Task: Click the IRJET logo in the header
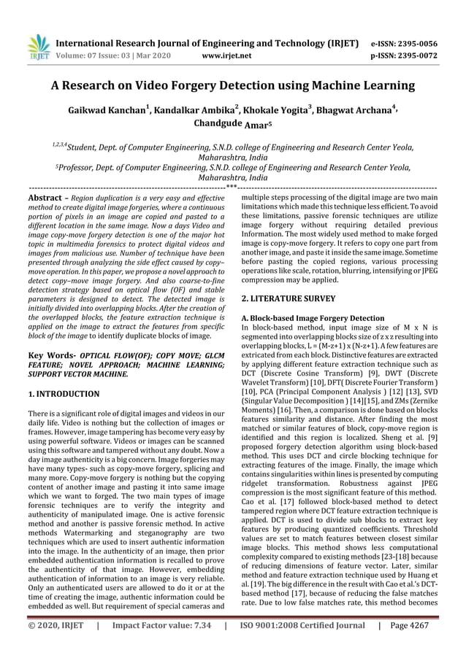pos(38,45)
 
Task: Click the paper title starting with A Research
pos(232,85)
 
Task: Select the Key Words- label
pos(50,353)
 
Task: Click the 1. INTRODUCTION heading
pos(63,394)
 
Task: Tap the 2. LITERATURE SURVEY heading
pos(288,298)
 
